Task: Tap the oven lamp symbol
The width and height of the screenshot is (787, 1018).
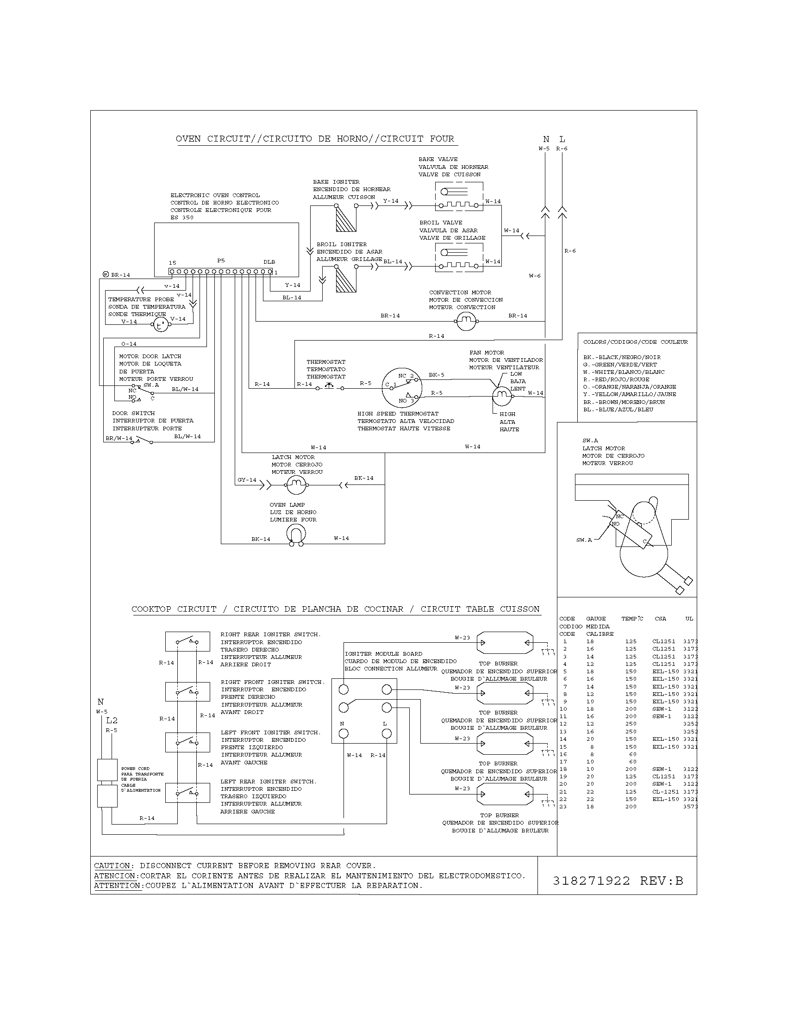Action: pos(296,535)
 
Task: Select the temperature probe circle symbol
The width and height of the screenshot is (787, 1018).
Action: pos(160,325)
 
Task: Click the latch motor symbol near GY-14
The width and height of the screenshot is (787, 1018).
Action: pos(296,486)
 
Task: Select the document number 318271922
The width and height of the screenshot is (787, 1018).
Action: pos(591,881)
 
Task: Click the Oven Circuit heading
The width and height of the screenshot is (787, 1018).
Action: pos(315,139)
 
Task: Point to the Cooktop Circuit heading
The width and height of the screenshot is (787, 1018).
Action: pos(335,609)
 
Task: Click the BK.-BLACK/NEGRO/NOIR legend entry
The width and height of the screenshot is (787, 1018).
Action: pos(621,357)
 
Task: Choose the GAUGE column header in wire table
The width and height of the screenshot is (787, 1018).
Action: pos(596,619)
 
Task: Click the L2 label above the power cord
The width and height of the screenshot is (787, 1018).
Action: pos(112,720)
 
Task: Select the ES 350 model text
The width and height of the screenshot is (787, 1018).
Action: pos(182,217)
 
